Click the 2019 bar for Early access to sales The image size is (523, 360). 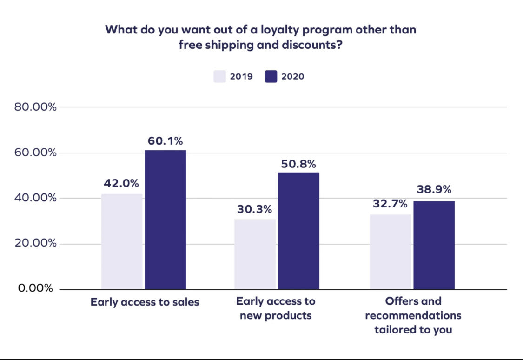pyautogui.click(x=122, y=241)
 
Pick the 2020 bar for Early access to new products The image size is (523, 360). pyautogui.click(x=298, y=231)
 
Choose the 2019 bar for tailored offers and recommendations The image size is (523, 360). pyautogui.click(x=391, y=252)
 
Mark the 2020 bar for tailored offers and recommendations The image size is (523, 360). pyautogui.click(x=434, y=245)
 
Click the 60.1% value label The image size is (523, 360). pyautogui.click(x=166, y=141)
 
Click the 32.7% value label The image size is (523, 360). pyautogui.click(x=389, y=203)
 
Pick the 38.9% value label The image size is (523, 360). pyautogui.click(x=433, y=190)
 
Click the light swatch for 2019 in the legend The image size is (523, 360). pyautogui.click(x=219, y=76)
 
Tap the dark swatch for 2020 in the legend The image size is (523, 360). pyautogui.click(x=271, y=76)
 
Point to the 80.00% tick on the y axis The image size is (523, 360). pyautogui.click(x=35, y=107)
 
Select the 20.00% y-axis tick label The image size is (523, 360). pyautogui.click(x=35, y=243)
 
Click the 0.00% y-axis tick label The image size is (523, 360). pyautogui.click(x=35, y=288)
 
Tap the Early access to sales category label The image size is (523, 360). pyautogui.click(x=145, y=302)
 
